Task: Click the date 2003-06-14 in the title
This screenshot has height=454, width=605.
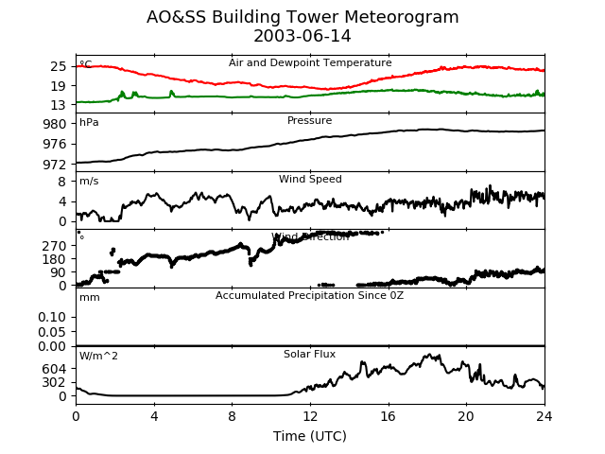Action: (x=302, y=37)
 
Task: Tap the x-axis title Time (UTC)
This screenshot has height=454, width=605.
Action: (x=310, y=436)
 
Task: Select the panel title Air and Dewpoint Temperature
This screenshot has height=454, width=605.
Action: (x=310, y=63)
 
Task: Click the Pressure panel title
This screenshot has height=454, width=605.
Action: (x=310, y=121)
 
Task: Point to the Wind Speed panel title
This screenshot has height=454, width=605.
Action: (x=310, y=180)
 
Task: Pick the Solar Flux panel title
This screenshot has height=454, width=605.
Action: (x=310, y=355)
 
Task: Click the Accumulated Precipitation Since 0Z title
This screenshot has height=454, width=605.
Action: (x=310, y=296)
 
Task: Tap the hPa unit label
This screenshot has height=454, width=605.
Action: (x=89, y=123)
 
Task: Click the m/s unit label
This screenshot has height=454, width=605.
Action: (x=89, y=182)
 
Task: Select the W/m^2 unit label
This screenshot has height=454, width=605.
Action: (x=98, y=357)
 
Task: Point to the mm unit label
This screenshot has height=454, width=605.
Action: (x=89, y=298)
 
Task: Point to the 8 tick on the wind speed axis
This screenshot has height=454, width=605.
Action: (x=63, y=182)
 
